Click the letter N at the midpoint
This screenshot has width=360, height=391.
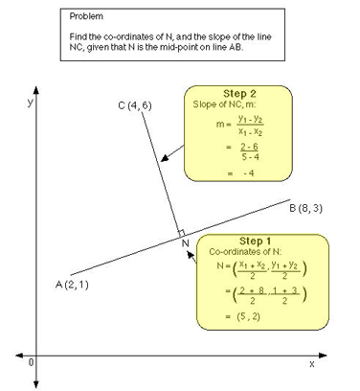coord(186,244)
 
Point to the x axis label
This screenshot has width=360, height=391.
coord(311,364)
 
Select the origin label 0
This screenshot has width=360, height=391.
coord(32,362)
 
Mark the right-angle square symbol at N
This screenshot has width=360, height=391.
coord(179,233)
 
